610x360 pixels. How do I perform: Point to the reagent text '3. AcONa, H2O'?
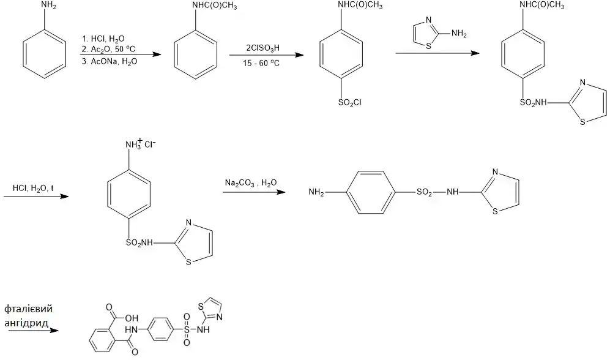[x=109, y=61]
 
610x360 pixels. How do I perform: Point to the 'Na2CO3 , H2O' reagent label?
[x=250, y=182]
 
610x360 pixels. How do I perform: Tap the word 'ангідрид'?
[x=28, y=321]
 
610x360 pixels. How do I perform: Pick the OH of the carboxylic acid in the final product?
[x=132, y=318]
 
